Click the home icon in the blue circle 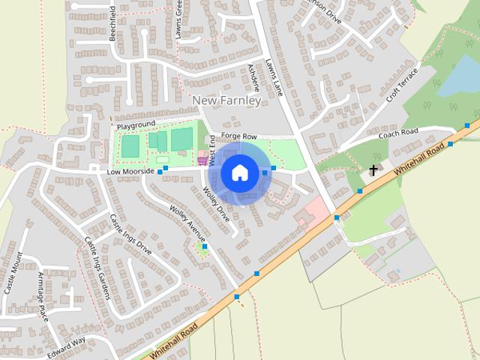pos(239,172)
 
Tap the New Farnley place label pos(226,100)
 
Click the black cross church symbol pos(373,171)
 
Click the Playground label pos(135,124)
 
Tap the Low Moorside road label pos(130,172)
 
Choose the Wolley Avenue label pos(187,218)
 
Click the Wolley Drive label pos(217,203)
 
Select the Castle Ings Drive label pos(130,234)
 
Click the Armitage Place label pos(42,296)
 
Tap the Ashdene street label pos(253,77)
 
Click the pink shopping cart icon pos(201,159)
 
